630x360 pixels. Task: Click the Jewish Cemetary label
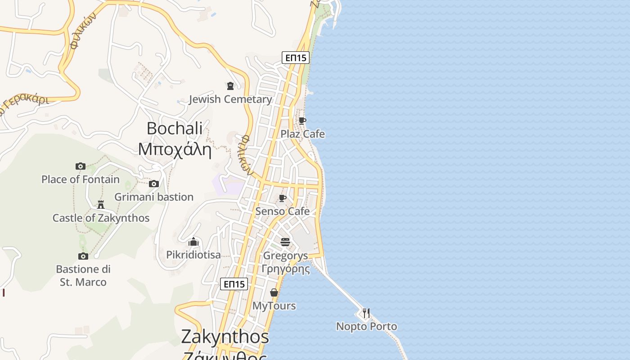point(230,99)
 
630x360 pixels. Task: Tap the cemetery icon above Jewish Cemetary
point(230,85)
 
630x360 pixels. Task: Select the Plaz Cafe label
point(302,134)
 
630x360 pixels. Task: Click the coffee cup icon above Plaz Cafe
point(302,121)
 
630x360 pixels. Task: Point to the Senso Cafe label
point(282,211)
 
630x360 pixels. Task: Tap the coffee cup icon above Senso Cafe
point(282,198)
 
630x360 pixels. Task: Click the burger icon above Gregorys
point(285,242)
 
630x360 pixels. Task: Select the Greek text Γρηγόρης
point(285,269)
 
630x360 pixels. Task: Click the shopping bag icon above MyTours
point(274,293)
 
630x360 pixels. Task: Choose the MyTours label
point(274,306)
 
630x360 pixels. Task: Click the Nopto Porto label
point(366,326)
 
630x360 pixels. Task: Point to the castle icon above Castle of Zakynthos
point(101,205)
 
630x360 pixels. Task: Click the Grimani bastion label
point(154,197)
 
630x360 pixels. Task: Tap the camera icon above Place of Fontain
point(81,166)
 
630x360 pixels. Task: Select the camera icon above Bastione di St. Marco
point(83,256)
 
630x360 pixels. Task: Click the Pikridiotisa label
point(193,255)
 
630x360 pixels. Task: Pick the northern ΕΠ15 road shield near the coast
point(296,58)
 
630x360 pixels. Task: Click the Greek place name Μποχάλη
point(175,149)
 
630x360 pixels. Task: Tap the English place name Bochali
point(175,128)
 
